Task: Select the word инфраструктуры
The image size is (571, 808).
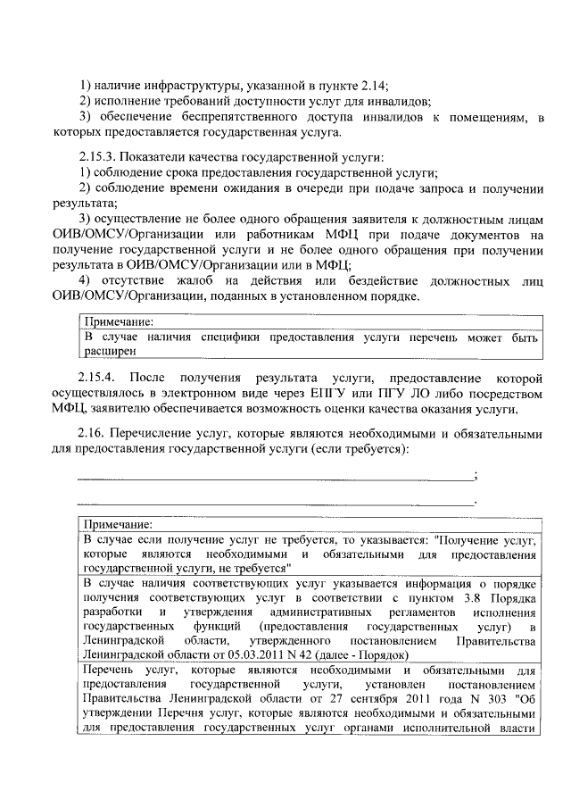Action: tap(188, 87)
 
